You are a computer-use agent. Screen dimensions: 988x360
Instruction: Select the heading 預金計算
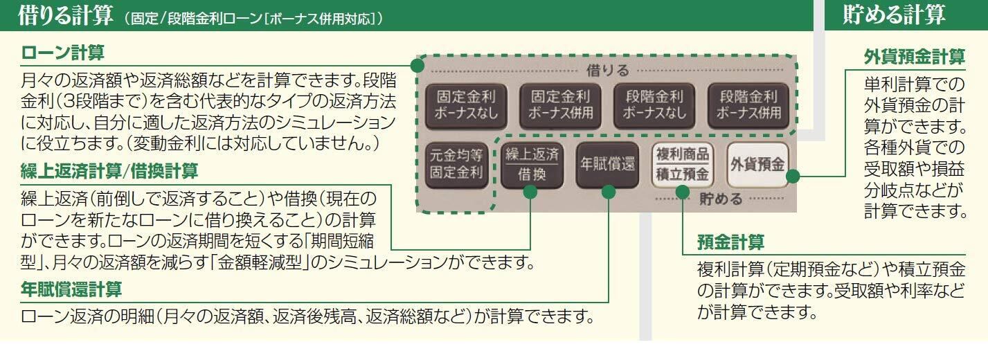click(730, 243)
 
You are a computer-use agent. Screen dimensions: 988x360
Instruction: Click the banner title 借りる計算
click(59, 16)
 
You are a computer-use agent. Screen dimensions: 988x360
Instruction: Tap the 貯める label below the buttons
click(720, 199)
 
